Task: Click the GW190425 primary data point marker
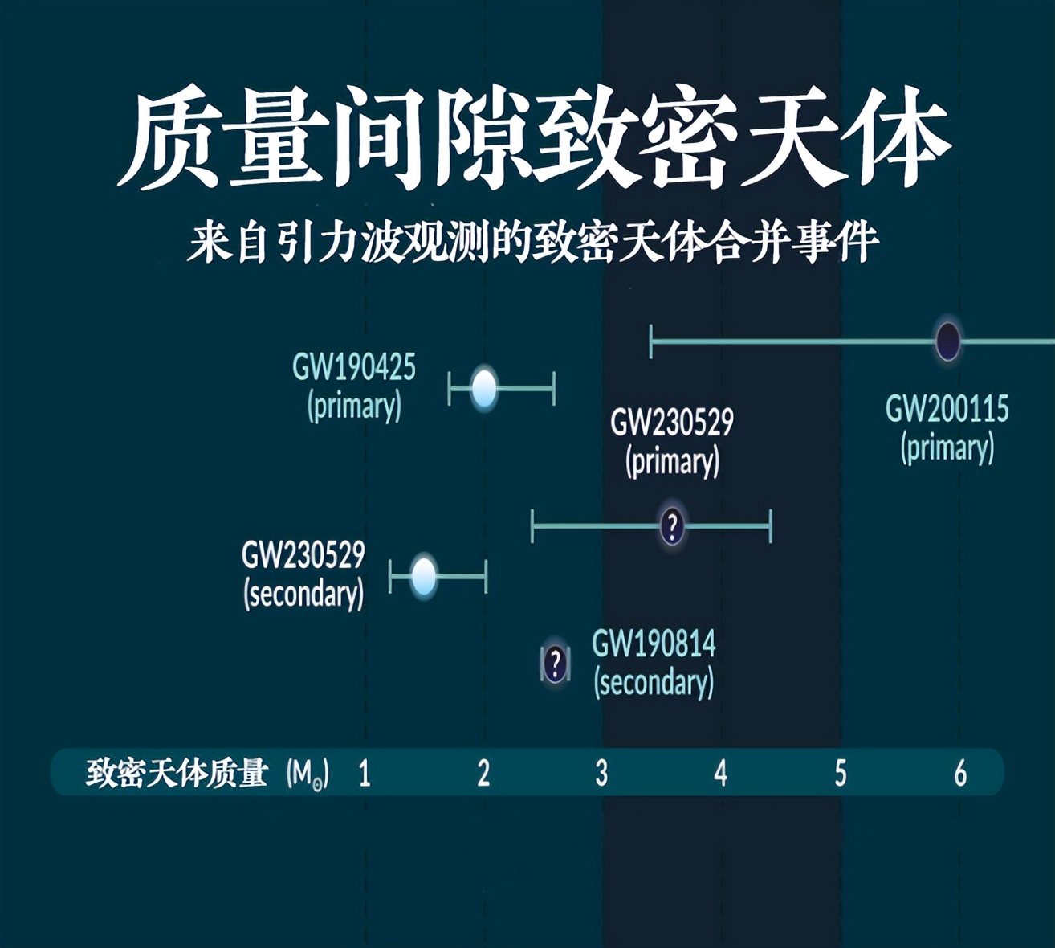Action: [x=484, y=389]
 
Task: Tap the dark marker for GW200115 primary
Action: [x=948, y=341]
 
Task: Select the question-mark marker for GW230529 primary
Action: [x=672, y=526]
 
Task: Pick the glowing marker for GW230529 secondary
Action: [x=424, y=576]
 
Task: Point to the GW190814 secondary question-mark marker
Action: [x=555, y=664]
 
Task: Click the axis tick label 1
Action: [x=365, y=773]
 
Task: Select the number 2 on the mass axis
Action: [x=483, y=773]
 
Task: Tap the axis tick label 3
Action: [x=601, y=773]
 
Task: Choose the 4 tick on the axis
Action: [x=720, y=773]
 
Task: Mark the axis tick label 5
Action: [x=840, y=773]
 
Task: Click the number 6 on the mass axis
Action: [x=960, y=773]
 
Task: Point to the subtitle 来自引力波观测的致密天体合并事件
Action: [x=533, y=241]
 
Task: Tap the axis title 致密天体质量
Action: [x=177, y=773]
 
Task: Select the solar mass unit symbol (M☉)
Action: [x=308, y=774]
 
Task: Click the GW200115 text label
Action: [x=947, y=410]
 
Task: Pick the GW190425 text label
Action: [x=354, y=368]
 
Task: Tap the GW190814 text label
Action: [x=654, y=644]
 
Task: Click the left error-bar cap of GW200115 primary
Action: [x=651, y=341]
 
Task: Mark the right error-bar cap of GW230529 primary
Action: [x=771, y=526]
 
